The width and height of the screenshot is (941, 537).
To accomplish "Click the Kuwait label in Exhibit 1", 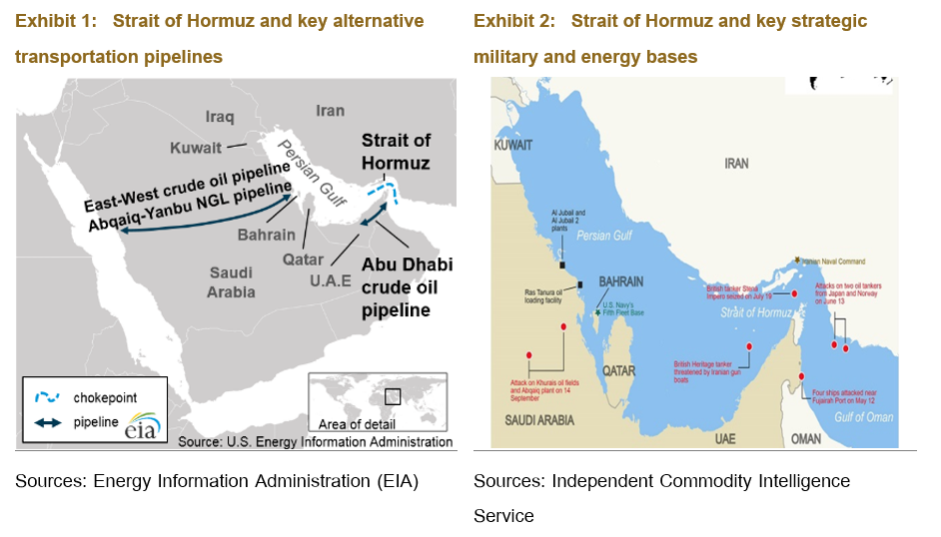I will (196, 148).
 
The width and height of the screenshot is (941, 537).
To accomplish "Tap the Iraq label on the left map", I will (219, 117).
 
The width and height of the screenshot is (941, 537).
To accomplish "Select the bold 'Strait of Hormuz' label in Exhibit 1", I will (396, 152).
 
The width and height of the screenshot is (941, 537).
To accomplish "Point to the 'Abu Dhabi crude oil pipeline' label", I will (407, 287).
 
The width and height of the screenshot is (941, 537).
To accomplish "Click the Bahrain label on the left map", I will (266, 236).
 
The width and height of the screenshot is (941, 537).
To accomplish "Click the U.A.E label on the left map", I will (331, 281).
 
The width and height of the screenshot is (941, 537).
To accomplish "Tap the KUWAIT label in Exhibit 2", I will (515, 146).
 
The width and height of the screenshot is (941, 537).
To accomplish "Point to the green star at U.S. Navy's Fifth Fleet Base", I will (597, 312).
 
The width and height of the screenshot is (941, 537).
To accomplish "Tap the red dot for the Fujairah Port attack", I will (801, 376).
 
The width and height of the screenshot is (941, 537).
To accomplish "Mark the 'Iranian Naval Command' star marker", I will (797, 259).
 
